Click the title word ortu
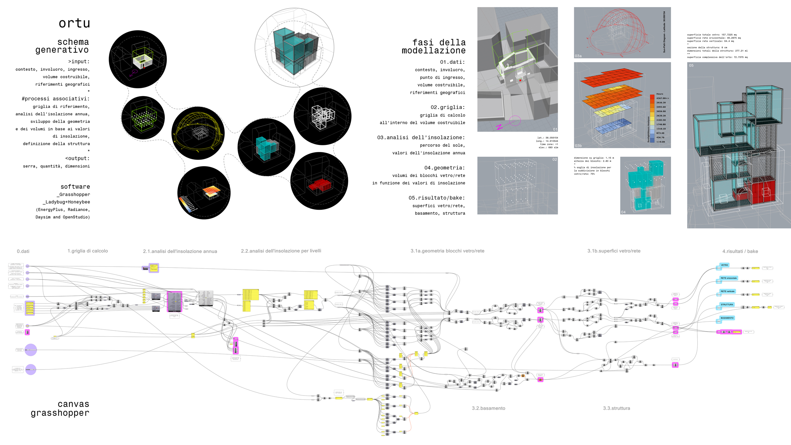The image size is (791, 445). [x=74, y=23]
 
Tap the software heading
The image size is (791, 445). [x=75, y=187]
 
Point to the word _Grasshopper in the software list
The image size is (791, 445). [x=73, y=194]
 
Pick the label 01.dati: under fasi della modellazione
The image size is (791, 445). [x=452, y=62]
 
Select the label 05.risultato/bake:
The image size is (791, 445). [x=436, y=198]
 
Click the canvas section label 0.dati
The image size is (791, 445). [x=23, y=251]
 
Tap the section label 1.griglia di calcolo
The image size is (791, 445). [x=88, y=251]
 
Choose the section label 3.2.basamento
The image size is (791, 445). [x=488, y=408]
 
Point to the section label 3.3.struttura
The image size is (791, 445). [x=616, y=408]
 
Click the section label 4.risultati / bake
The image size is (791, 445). [x=740, y=251]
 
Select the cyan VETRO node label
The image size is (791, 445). [x=724, y=265]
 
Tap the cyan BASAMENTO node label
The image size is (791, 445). [x=727, y=318]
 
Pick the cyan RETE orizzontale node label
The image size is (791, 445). [x=728, y=278]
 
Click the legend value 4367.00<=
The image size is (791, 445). [x=662, y=98]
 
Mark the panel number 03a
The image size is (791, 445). [x=578, y=56]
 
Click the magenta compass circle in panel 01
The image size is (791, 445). [x=515, y=121]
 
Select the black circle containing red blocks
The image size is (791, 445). [x=319, y=181]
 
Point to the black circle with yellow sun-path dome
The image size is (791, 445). [x=198, y=133]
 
